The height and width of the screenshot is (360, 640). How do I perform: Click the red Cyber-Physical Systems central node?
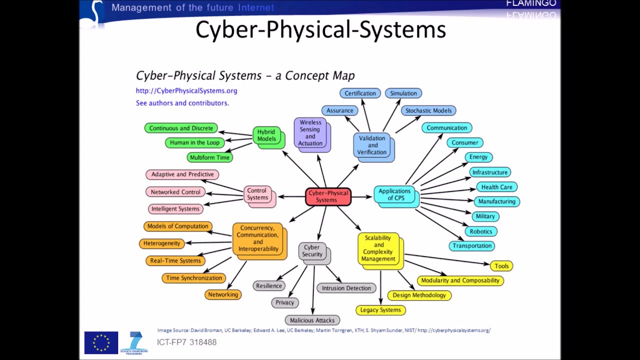[328, 196]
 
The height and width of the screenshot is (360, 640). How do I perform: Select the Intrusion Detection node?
[346, 288]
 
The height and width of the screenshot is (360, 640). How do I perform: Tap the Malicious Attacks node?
[312, 320]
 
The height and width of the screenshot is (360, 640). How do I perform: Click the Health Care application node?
[496, 187]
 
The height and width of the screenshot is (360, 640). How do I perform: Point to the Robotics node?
[481, 231]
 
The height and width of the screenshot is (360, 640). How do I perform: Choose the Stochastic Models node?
[428, 110]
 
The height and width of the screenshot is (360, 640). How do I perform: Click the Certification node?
[360, 93]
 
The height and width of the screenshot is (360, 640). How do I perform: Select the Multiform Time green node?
[210, 157]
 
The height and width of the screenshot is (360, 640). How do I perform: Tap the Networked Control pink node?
[175, 192]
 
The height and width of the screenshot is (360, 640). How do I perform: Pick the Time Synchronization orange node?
[194, 278]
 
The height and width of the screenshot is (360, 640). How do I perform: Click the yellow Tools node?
[501, 266]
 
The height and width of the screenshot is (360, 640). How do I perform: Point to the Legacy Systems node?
[380, 310]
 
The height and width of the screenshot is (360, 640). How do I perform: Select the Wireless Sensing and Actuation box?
[310, 132]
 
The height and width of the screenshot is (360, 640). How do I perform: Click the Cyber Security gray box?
[312, 251]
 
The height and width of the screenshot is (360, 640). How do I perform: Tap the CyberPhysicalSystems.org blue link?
[186, 91]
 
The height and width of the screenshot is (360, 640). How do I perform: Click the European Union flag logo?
[101, 342]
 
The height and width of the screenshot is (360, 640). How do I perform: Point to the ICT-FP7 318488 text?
[186, 342]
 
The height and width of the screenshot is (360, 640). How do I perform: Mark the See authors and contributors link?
[182, 103]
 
